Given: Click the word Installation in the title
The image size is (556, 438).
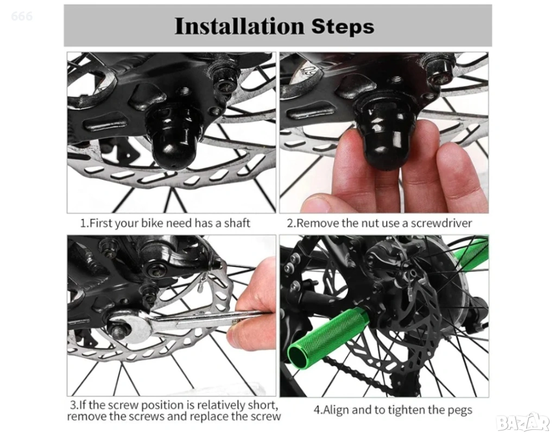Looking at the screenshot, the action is point(239,26).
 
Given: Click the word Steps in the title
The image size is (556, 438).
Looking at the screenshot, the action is point(343,27).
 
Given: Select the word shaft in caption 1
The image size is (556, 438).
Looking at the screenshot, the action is point(237,223).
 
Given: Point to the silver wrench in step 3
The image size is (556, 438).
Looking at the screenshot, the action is point(185,321).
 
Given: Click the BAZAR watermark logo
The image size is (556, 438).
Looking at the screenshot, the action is point(523,422).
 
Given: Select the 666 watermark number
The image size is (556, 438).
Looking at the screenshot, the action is point(22,16).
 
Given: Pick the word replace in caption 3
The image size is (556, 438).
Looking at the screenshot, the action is point(206,417).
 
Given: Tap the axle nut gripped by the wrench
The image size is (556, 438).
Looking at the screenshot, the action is point(119,329).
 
